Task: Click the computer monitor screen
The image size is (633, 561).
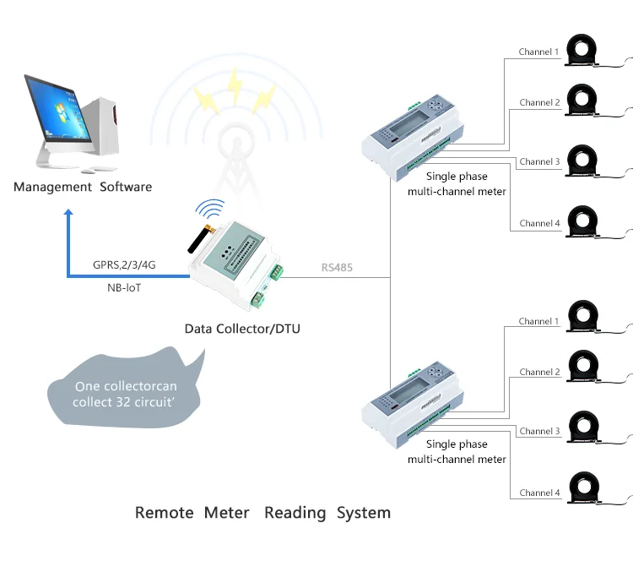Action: tap(57, 110)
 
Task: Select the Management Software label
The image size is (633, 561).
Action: tap(83, 187)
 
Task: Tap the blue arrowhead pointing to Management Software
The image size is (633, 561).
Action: tap(69, 217)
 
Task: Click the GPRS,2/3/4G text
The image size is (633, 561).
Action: tap(124, 264)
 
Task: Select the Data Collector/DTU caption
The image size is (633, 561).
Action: tap(242, 328)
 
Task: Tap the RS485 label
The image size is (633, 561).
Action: tap(337, 268)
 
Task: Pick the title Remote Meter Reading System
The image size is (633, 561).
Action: tap(262, 513)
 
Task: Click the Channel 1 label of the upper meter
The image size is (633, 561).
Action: tap(539, 52)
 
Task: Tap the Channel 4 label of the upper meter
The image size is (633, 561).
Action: tap(539, 224)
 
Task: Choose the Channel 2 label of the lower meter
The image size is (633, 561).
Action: tap(539, 373)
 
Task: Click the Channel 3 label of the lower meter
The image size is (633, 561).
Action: tap(539, 432)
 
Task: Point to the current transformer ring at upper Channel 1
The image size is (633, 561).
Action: tap(584, 49)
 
